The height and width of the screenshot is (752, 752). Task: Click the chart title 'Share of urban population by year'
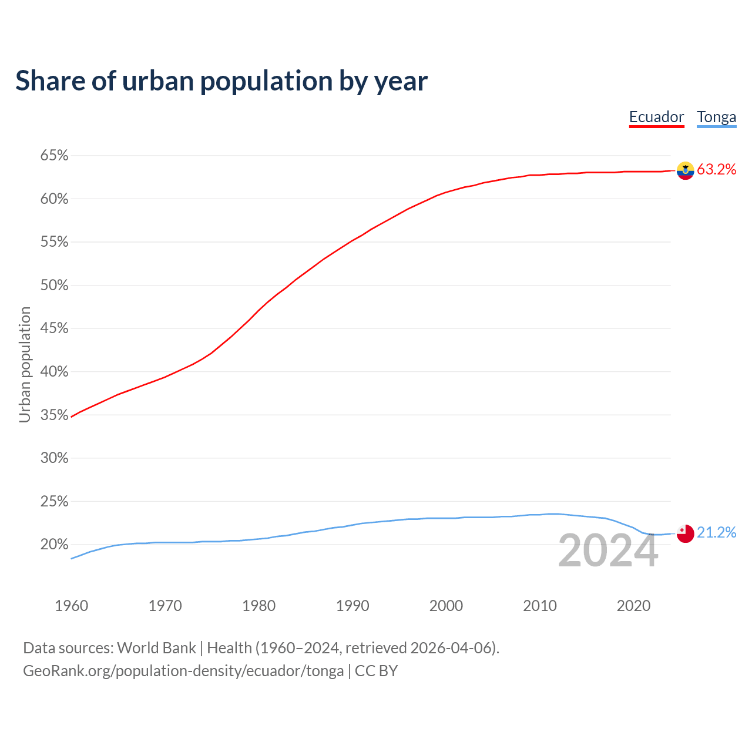coord(221,81)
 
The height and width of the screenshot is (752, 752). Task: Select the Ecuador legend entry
coord(656,117)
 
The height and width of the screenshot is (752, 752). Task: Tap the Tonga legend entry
coord(716,117)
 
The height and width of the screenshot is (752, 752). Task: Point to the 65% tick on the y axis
coord(54,156)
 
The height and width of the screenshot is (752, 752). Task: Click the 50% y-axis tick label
coord(54,286)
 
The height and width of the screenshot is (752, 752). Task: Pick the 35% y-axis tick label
coord(54,415)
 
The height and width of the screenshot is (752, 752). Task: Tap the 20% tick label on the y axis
coord(54,545)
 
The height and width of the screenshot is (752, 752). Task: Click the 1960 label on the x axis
coord(71,606)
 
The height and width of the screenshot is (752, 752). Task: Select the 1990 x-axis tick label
coord(352,606)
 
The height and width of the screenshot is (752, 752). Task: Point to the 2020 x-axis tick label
coord(633,606)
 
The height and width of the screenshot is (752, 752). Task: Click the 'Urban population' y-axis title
coord(25,364)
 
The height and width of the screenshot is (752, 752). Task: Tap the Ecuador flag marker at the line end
coord(685,170)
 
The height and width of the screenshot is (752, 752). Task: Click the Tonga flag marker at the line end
coord(685,533)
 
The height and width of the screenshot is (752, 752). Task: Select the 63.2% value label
coord(716,170)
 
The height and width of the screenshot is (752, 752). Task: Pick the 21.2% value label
coord(716,533)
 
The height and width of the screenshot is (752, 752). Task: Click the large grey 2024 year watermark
coord(608,551)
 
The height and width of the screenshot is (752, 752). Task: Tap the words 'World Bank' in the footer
coord(156,648)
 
